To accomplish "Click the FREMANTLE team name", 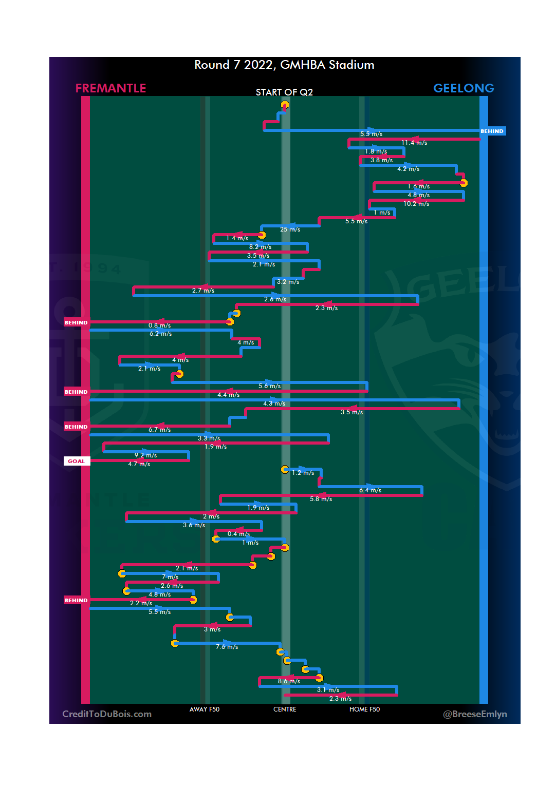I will pos(110,88).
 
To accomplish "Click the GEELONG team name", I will pos(464,88).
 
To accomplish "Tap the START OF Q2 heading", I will pos(284,92).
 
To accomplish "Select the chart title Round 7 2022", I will pos(284,65).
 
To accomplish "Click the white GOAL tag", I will pos(77,461).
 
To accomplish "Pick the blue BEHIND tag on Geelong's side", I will pos(492,131).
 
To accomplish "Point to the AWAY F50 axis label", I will pos(205,709).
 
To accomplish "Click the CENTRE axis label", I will pos(285,709).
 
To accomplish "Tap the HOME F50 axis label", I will pos(364,709).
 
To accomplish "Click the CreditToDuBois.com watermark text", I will pos(107,714).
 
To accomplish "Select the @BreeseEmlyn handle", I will pos(475,714).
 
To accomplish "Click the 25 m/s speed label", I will pos(290,229).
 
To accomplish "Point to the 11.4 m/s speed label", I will pos(414,143).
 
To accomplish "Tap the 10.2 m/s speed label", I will pos(416,204).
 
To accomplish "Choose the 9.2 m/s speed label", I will pos(145,455).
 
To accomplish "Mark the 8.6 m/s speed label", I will pos(289,681).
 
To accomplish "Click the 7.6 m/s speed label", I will pos(227,647).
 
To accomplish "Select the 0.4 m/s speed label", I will pos(238,534).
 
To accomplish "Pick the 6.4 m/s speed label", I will pos(370,490).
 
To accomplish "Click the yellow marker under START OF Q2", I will pos(285,105).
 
